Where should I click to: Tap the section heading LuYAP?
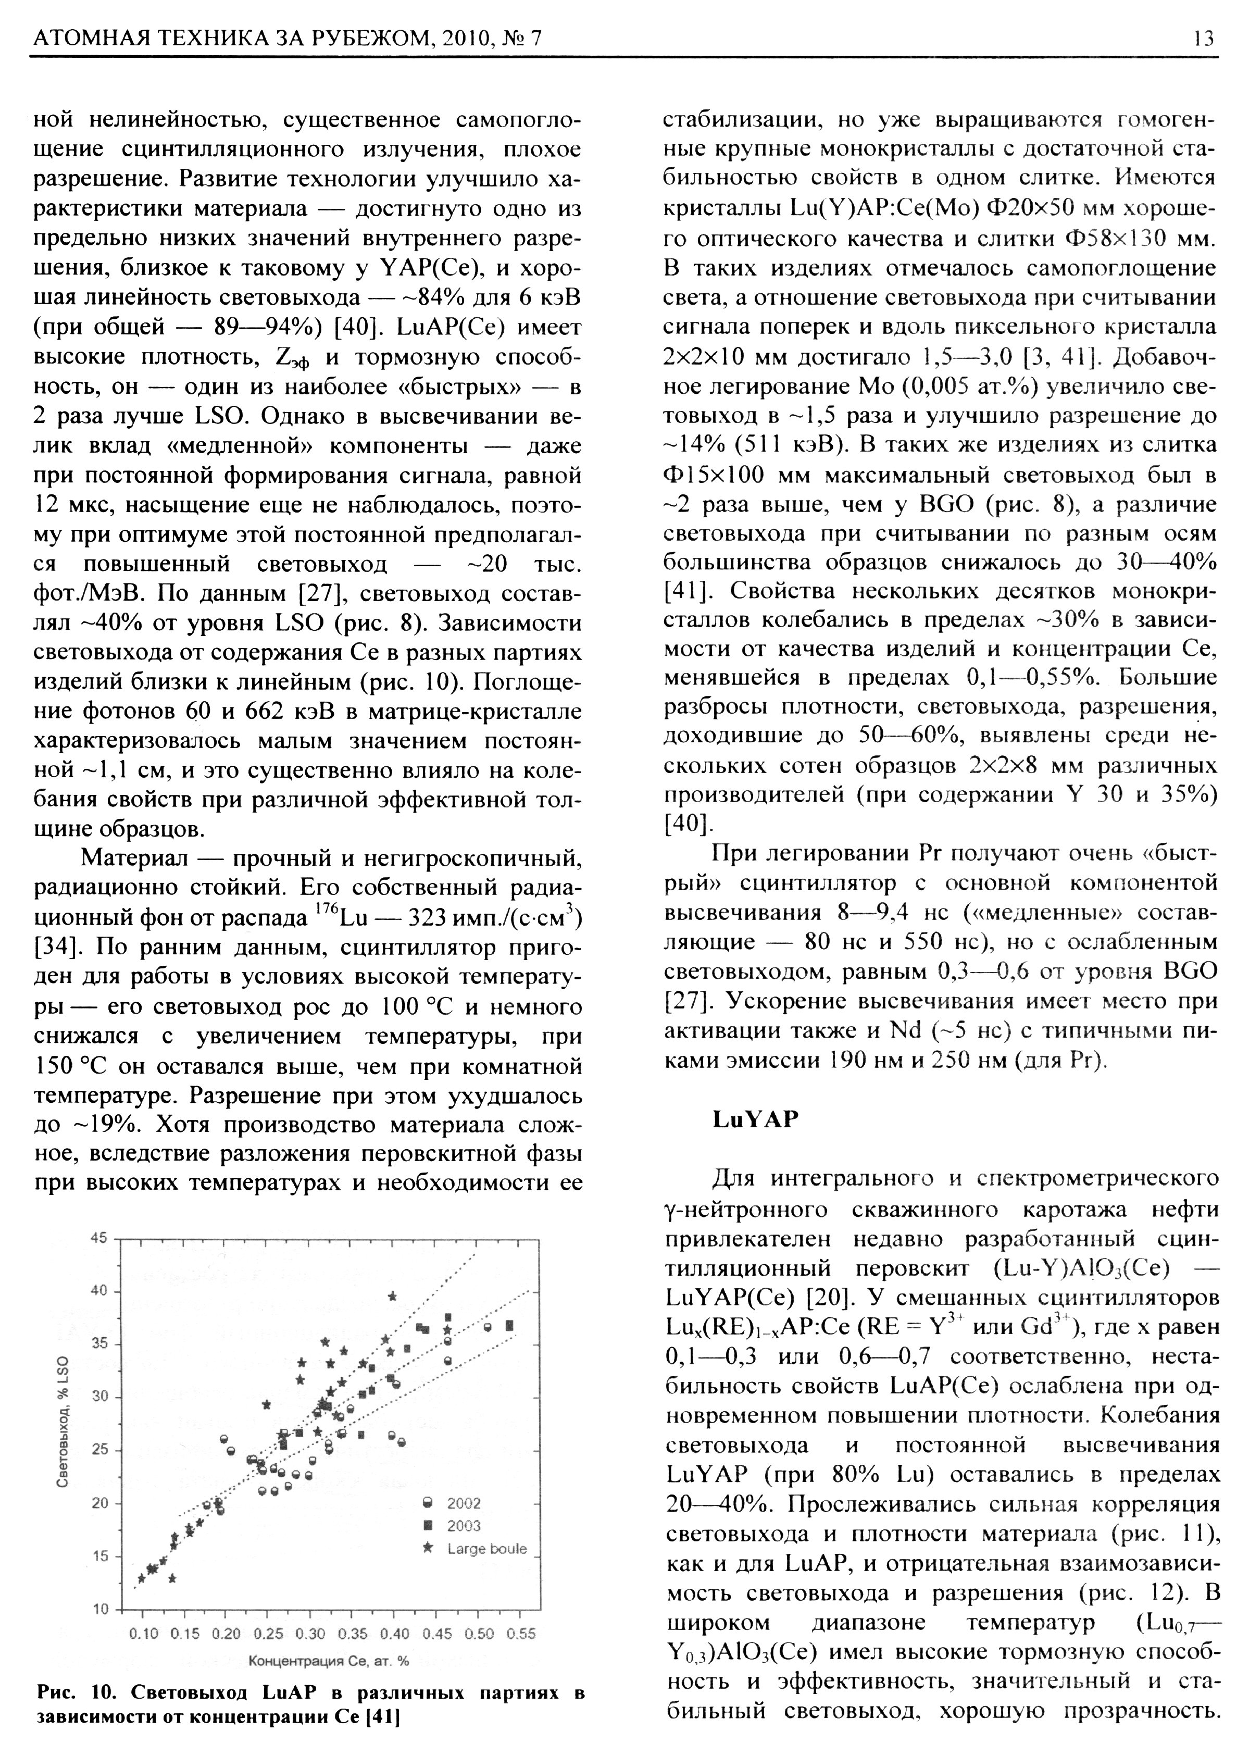click(755, 1118)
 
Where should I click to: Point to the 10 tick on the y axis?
click(99, 1610)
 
